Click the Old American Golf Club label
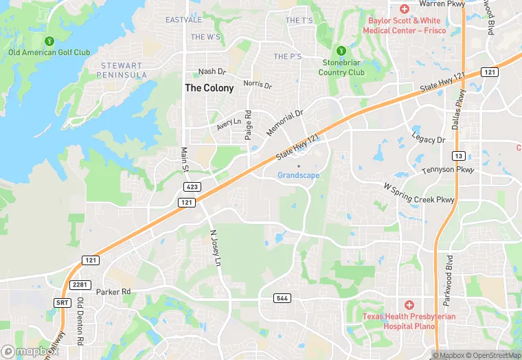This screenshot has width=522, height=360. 49,52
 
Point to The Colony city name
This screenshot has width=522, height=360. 209,88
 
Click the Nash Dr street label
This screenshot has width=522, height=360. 212,71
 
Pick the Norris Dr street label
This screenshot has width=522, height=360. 258,85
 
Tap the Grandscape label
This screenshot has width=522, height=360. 298,175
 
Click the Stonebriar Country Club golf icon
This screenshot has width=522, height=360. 341,50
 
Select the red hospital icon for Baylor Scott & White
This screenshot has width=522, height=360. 405,9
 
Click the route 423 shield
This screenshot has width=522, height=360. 192,187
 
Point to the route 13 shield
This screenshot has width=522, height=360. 458,155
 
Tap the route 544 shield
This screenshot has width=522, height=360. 281,297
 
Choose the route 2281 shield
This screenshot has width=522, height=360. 81,285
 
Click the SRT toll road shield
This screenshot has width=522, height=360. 62,302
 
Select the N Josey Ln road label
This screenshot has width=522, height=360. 216,248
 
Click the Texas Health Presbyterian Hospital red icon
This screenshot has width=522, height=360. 409,304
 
